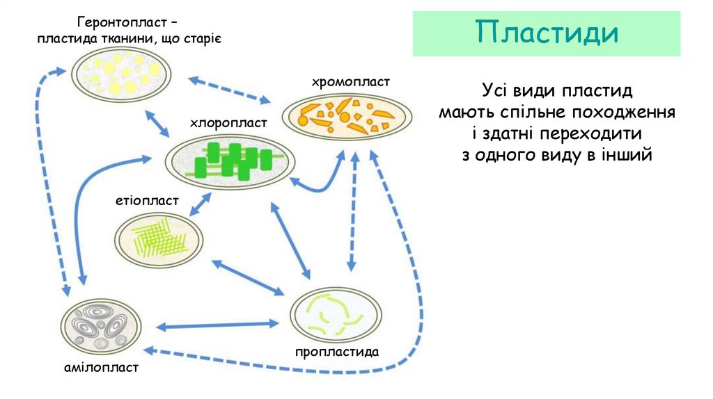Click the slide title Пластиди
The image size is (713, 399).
(547, 33)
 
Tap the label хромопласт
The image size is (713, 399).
(351, 83)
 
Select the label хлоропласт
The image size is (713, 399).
(228, 123)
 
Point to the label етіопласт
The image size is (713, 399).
(147, 201)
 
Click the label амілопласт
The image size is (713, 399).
(102, 367)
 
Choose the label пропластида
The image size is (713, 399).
(336, 352)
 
